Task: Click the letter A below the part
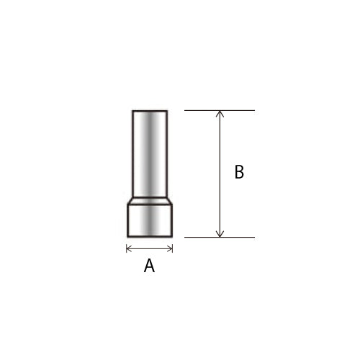pos(149,266)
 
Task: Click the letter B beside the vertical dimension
pos(239,172)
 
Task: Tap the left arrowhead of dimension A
pos(127,249)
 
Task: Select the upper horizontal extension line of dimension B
pos(220,110)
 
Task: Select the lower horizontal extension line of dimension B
pos(220,237)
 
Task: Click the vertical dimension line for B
pos(220,174)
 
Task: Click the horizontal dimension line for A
pos(149,249)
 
